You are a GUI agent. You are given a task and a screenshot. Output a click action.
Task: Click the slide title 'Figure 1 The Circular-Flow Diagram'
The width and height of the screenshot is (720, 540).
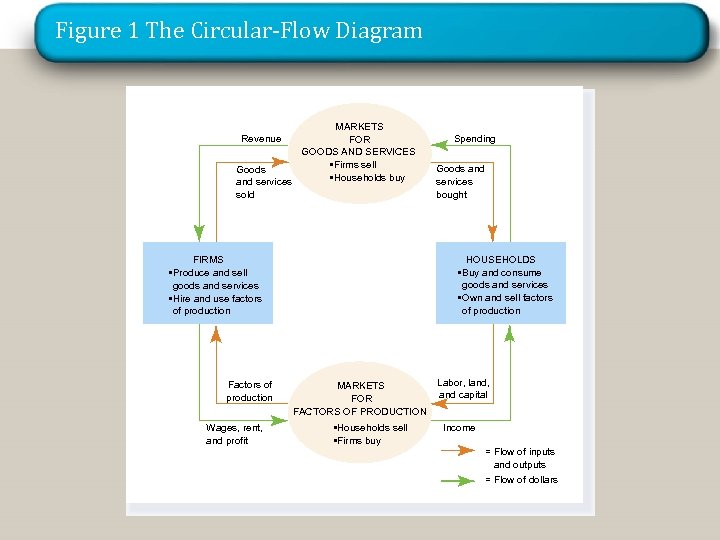(x=239, y=31)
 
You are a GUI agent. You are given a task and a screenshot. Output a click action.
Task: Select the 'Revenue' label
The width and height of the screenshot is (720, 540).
(x=261, y=139)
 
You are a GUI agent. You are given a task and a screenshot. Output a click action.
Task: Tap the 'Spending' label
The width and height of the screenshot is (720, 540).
(x=474, y=139)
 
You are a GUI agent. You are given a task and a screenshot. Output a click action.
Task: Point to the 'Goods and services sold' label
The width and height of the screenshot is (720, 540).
(x=263, y=182)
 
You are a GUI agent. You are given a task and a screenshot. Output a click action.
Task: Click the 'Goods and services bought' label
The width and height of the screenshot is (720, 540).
(x=460, y=182)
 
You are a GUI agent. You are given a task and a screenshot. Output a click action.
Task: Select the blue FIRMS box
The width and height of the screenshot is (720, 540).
(x=208, y=283)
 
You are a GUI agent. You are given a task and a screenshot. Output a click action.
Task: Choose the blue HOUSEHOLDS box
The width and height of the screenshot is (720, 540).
(x=500, y=283)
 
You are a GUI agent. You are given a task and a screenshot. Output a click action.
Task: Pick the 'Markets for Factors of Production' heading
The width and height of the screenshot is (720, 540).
(x=360, y=398)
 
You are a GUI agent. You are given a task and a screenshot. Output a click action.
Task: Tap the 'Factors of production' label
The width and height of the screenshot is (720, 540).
(x=249, y=391)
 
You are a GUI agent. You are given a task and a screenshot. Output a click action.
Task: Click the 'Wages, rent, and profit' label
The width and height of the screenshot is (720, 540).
(x=234, y=434)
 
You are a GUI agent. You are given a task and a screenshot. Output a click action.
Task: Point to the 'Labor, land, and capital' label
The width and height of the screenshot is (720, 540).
(x=463, y=388)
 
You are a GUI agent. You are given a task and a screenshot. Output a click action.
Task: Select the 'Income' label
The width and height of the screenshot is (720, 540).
(x=459, y=428)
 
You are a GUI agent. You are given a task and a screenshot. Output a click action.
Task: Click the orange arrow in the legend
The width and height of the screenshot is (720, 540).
(x=459, y=451)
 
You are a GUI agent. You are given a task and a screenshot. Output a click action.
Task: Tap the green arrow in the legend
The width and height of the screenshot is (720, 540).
(x=459, y=480)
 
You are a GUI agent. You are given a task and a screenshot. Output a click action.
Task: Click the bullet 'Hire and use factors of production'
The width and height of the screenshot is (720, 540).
(x=216, y=304)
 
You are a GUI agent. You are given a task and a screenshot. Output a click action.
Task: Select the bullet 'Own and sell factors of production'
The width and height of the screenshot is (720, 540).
(x=505, y=304)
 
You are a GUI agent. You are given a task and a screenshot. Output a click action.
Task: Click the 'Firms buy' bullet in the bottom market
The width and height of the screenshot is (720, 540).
(x=358, y=441)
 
